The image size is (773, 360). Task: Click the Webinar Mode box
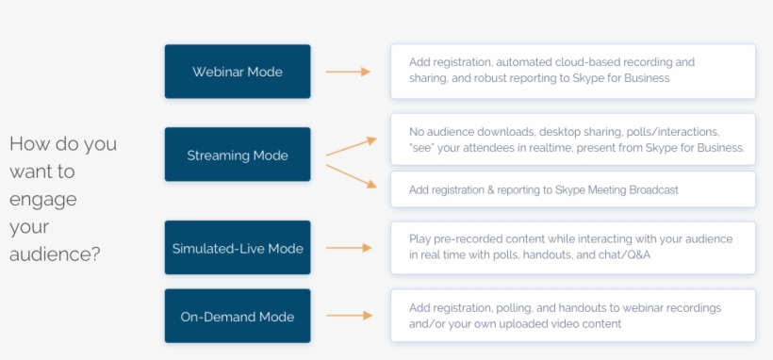237,72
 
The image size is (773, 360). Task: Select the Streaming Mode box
237,155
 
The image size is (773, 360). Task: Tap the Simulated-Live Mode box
237,248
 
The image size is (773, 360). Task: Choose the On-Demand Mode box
237,317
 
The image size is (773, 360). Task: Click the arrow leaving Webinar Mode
348,72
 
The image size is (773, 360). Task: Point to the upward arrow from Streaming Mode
351,146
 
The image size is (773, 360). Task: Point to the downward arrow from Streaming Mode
351,176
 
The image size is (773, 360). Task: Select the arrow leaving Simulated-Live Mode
348,248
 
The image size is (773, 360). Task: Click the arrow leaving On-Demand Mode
348,317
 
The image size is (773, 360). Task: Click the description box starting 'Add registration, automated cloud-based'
572,72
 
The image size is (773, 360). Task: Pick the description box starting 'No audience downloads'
572,139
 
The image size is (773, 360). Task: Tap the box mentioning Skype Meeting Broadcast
572,189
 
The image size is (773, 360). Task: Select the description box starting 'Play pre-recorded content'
572,248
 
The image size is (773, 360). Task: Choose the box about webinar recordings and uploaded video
572,316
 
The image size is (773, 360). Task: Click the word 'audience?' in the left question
55,254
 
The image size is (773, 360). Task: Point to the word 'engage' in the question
43,200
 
